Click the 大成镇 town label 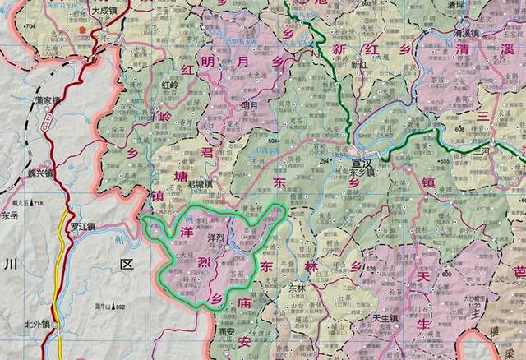click(x=107, y=12)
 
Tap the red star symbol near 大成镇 click(x=83, y=30)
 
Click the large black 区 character click(x=125, y=264)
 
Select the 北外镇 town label click(x=38, y=322)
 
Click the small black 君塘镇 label click(x=199, y=184)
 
